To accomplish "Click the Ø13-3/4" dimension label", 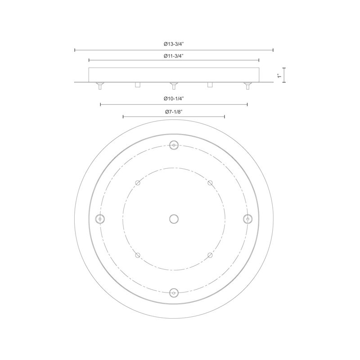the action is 174,44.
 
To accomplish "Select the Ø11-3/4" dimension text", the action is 174,56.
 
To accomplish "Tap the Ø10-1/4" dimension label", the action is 174,99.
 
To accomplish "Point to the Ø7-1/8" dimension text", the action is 174,112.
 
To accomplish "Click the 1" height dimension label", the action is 279,75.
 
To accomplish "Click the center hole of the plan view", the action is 174,219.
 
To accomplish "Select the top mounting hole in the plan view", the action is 174,145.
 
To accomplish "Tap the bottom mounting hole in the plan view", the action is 174,293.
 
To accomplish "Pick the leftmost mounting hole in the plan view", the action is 100,219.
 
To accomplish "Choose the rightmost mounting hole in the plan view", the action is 248,219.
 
